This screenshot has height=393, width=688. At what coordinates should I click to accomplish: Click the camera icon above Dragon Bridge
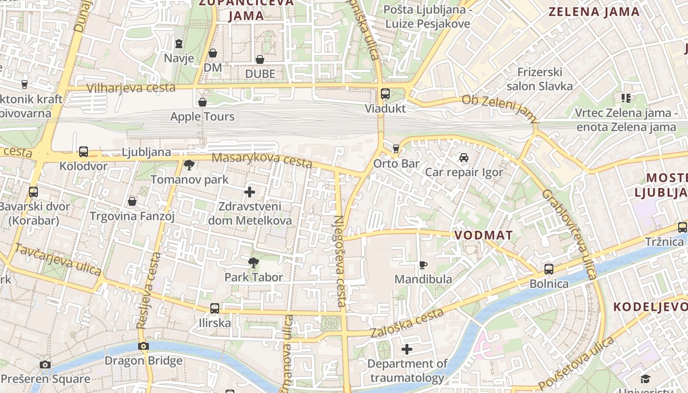pos(143,346)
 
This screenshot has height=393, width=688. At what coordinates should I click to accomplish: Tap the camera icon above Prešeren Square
pos(45,365)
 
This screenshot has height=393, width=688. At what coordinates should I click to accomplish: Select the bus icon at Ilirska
pos(215,309)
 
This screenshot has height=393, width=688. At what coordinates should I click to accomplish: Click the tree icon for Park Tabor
pos(254,263)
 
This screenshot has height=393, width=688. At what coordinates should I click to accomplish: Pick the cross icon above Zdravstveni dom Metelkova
pos(250,192)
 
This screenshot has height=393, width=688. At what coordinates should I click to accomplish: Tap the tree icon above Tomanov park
pos(189,165)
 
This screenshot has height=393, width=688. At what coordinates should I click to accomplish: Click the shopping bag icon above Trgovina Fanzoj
pos(132,201)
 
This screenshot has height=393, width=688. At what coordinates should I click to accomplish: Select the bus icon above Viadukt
pos(385,94)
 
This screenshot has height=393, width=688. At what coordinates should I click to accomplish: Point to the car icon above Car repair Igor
pos(463,158)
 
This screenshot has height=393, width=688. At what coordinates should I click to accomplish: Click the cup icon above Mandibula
pos(423,265)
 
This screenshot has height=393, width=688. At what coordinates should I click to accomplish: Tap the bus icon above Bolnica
pos(549,269)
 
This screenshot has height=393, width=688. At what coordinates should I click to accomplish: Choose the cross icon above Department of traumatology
pos(407,349)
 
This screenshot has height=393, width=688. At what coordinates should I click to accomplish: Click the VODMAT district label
pos(484,235)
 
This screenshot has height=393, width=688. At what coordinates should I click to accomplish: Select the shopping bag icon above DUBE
pos(260,59)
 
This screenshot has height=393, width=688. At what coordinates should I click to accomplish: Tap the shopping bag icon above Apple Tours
pos(202,102)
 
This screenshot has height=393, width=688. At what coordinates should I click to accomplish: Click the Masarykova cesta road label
pos(261,160)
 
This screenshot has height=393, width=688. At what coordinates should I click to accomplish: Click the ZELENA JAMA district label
pos(594,12)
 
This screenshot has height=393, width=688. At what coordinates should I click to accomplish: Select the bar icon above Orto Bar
pos(396,148)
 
